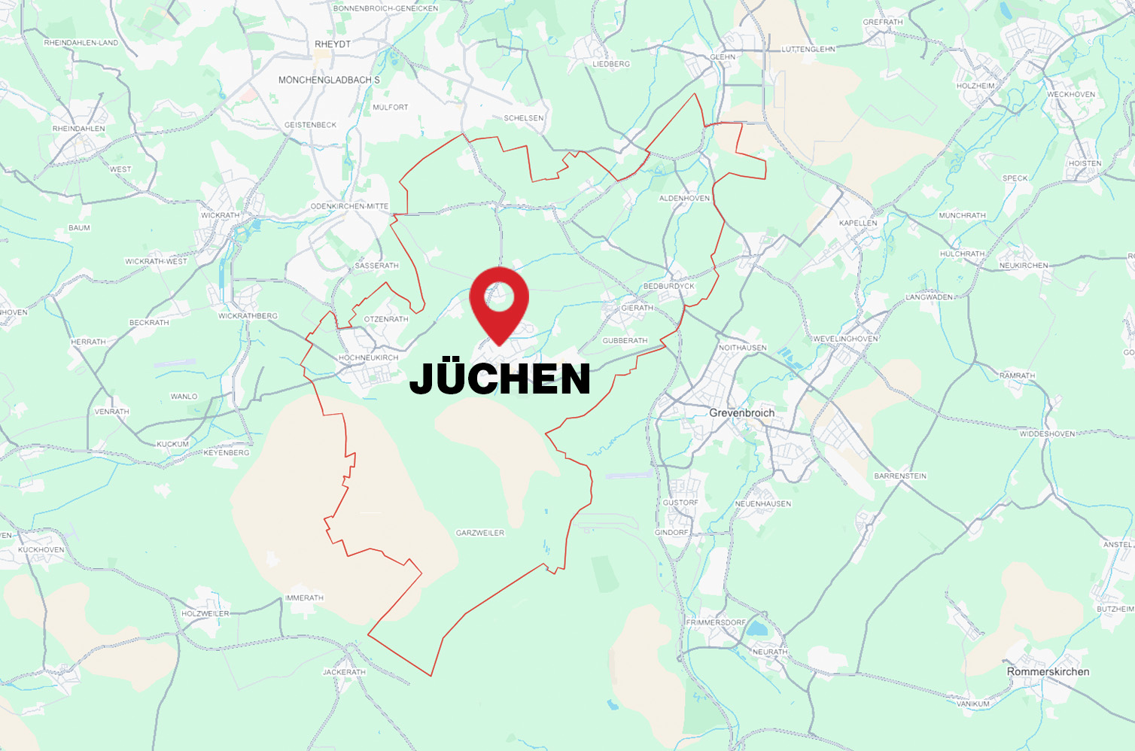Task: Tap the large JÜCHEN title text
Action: (500, 379)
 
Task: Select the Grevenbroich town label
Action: (741, 413)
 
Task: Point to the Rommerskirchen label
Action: (1048, 672)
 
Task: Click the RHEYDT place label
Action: (333, 44)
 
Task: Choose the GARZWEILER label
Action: (480, 533)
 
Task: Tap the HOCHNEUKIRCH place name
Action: (369, 357)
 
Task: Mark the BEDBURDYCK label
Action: (669, 287)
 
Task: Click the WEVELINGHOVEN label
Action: (845, 339)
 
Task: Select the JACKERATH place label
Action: (344, 672)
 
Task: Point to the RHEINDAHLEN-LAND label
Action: (81, 43)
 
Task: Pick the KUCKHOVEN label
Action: (41, 550)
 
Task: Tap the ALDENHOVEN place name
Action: (684, 199)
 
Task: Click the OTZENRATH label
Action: (386, 319)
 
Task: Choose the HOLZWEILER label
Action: (205, 613)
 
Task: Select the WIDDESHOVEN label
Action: (1048, 434)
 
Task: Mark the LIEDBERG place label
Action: (611, 64)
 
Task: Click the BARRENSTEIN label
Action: (900, 476)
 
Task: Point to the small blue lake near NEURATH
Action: (755, 629)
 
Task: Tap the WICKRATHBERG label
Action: (248, 316)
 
